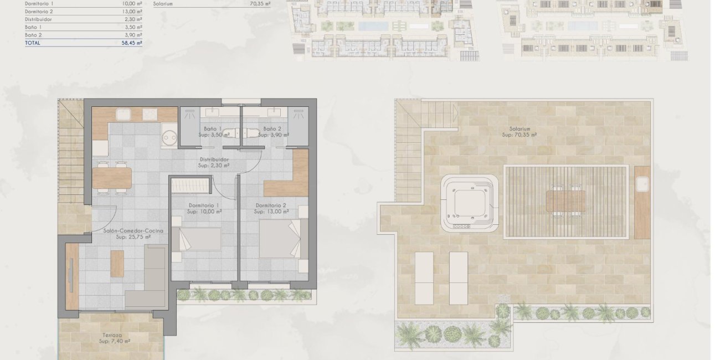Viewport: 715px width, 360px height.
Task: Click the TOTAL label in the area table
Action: tap(33, 43)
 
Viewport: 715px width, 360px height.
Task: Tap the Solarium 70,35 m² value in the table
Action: tap(260, 3)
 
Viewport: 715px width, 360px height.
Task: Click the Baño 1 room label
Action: tap(213, 129)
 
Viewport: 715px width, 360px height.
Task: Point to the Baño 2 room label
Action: tap(272, 129)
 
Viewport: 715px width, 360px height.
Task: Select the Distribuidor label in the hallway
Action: tap(215, 160)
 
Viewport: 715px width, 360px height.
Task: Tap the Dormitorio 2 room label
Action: tap(271, 205)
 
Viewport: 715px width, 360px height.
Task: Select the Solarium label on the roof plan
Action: tap(519, 128)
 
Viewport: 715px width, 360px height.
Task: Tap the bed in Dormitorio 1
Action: tap(196, 241)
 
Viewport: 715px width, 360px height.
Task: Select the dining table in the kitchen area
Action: tap(112, 178)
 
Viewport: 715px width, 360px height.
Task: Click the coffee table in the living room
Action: tap(117, 264)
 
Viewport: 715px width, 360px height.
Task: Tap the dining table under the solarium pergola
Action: tap(565, 202)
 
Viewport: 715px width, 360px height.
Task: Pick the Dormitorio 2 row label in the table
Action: tap(39, 12)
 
